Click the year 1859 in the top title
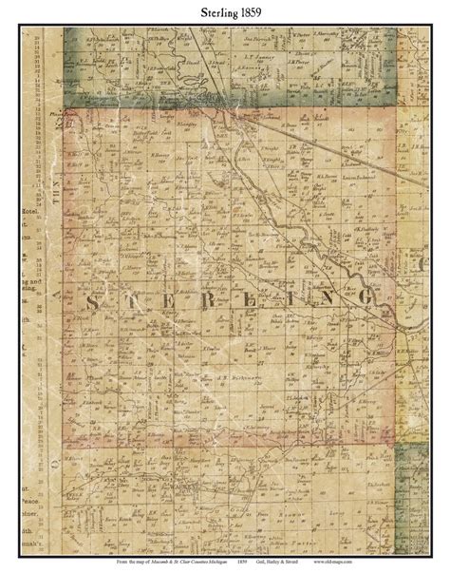(x=245, y=12)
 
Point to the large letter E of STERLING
(x=179, y=301)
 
